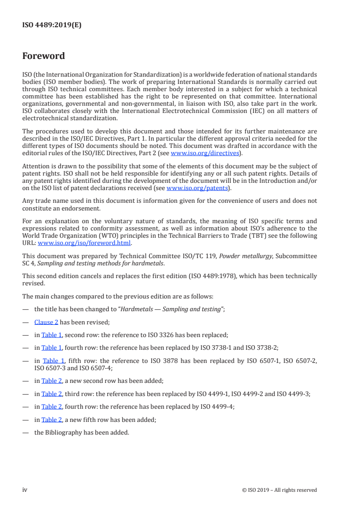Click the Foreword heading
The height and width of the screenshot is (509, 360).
pos(44,56)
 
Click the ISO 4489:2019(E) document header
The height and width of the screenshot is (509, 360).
pos(52,25)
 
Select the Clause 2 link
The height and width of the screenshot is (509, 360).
pos(46,323)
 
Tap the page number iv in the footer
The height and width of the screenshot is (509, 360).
pos(25,490)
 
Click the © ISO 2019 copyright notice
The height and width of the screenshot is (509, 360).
pos(279,490)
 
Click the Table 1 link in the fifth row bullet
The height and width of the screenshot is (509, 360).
pos(53,361)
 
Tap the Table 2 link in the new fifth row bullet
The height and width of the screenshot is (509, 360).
pos(52,420)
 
